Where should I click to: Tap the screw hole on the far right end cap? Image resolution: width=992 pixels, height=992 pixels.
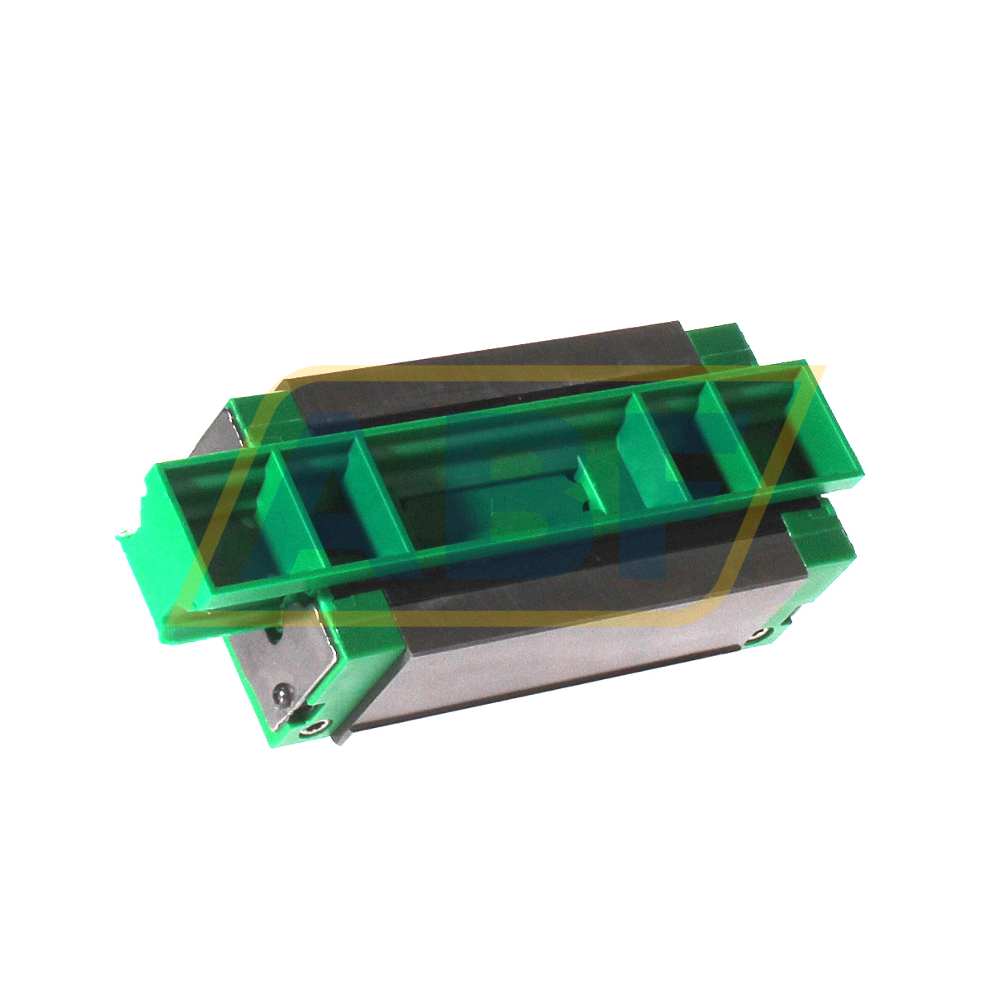tap(758, 635)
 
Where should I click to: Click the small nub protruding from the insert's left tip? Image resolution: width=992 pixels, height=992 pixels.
tap(125, 534)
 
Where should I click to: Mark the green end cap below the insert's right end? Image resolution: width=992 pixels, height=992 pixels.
tap(817, 545)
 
